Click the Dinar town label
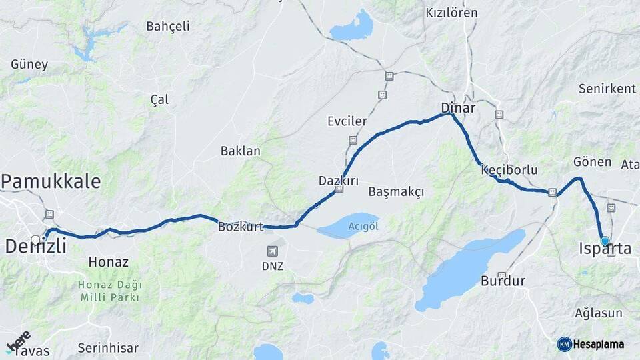pyautogui.click(x=458, y=107)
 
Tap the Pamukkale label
pyautogui.click(x=51, y=181)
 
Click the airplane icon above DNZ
pyautogui.click(x=272, y=251)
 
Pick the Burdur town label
pyautogui.click(x=503, y=281)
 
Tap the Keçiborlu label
pyautogui.click(x=509, y=170)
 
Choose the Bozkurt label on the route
pyautogui.click(x=241, y=227)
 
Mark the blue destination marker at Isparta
pyautogui.click(x=605, y=241)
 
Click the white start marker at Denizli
pyautogui.click(x=35, y=239)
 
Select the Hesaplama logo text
pyautogui.click(x=599, y=345)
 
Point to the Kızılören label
pyautogui.click(x=452, y=13)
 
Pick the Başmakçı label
pyautogui.click(x=396, y=192)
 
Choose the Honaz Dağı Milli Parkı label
pyautogui.click(x=111, y=291)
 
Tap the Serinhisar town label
pyautogui.click(x=108, y=347)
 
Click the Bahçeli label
pyautogui.click(x=168, y=26)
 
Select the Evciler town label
pyautogui.click(x=347, y=121)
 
